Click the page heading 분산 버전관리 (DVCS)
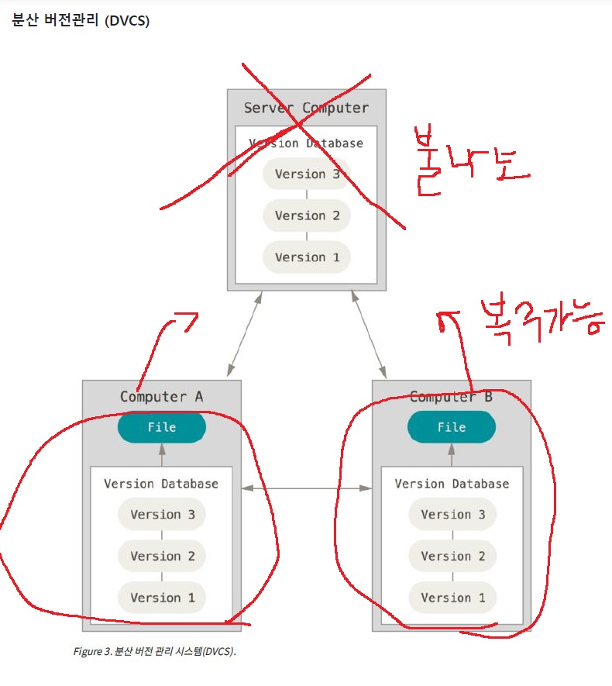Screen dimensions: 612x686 coord(81,21)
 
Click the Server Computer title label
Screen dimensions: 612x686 coord(306,108)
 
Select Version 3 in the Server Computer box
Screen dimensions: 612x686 coord(307,174)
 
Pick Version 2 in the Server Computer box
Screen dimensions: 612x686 coord(307,215)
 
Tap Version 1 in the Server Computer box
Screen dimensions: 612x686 coord(307,257)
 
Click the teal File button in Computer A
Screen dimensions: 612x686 coord(162,427)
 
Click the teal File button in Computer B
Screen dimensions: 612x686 coord(452,427)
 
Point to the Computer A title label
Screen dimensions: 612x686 coord(161,396)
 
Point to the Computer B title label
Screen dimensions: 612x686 coord(451,396)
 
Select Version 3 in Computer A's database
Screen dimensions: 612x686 coord(162,515)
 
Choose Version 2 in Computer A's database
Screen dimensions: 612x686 coord(162,556)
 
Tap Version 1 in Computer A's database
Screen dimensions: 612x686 coord(162,598)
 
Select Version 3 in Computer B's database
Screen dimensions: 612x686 coord(452,515)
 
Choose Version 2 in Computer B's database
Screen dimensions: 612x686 coord(452,556)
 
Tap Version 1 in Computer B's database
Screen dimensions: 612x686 coord(452,598)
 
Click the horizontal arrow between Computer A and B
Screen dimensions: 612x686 coord(307,488)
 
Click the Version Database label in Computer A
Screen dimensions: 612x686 coord(161,484)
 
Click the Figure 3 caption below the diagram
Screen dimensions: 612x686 coord(154,651)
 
